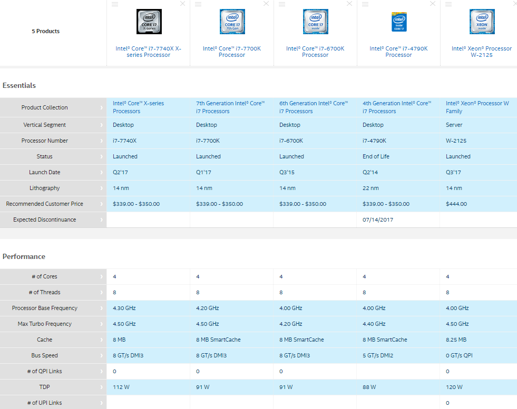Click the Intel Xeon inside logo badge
482,22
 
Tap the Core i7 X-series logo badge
149,22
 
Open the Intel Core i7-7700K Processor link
232,52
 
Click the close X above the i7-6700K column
349,4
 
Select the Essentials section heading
19,85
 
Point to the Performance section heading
24,256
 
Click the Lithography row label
44,188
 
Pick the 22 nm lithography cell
370,188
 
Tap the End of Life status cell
376,156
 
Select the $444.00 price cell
456,204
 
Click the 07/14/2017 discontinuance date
378,220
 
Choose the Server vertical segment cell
454,125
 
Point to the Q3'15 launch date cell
287,172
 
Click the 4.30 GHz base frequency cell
124,308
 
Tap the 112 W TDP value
121,387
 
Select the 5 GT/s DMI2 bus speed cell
378,355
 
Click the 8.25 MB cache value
456,340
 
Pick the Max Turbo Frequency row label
44,324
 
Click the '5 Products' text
45,31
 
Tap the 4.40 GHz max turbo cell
374,324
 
